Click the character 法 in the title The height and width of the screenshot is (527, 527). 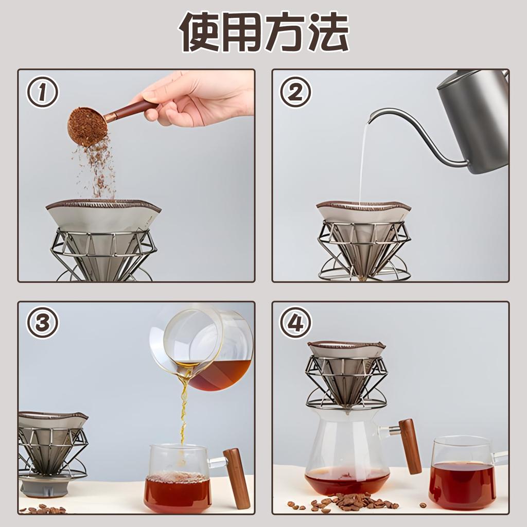[328, 32]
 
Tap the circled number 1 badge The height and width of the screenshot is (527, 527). [43, 93]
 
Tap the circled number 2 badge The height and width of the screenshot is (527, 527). [295, 93]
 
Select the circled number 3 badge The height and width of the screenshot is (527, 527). [43, 323]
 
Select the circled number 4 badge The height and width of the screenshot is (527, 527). [295, 323]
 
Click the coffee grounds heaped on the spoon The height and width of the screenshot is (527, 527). [86, 125]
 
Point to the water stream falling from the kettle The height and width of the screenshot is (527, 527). [362, 165]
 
